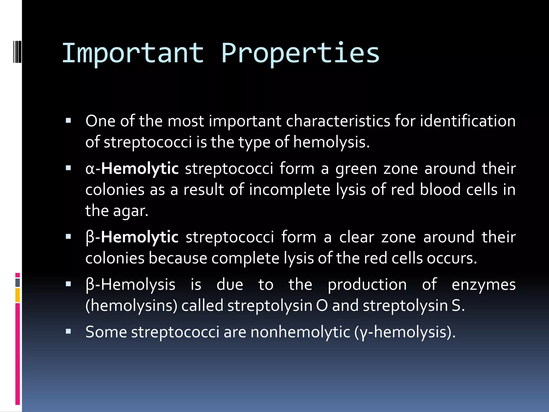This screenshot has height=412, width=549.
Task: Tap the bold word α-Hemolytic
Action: pyautogui.click(x=132, y=169)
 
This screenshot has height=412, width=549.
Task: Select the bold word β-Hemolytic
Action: pyautogui.click(x=132, y=237)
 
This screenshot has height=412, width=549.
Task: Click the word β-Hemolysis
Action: pyautogui.click(x=131, y=285)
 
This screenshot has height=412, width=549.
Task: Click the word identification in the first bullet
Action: pyautogui.click(x=468, y=121)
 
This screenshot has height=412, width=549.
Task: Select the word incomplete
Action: pyautogui.click(x=290, y=190)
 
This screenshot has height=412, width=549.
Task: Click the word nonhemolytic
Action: pyautogui.click(x=301, y=332)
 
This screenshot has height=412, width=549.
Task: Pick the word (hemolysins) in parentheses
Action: pyautogui.click(x=131, y=306)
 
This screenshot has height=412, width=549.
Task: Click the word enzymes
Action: pyautogui.click(x=484, y=285)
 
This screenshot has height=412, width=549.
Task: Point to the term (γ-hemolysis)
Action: pyautogui.click(x=405, y=332)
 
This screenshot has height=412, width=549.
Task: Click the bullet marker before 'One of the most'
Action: pyautogui.click(x=68, y=120)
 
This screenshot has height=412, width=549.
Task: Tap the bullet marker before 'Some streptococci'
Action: pyautogui.click(x=68, y=332)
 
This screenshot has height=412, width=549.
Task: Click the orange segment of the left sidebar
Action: pyautogui.click(x=17, y=295)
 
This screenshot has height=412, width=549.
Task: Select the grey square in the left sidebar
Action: pyautogui.click(x=17, y=282)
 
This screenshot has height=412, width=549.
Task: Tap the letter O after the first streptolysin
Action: pyautogui.click(x=322, y=306)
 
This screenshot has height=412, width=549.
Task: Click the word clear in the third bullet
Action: pyautogui.click(x=356, y=237)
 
